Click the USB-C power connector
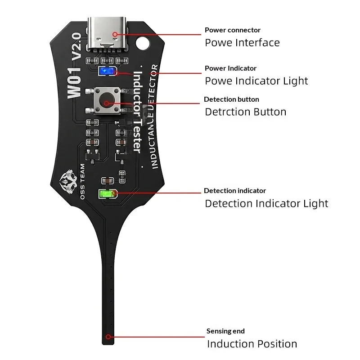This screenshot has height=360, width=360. (x=107, y=34)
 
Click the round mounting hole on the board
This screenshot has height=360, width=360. (x=143, y=43)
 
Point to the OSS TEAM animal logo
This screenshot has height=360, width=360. (x=68, y=182)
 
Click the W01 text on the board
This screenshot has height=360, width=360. (x=74, y=83)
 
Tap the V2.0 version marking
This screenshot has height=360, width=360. (x=76, y=47)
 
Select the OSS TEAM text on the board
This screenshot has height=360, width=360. (x=82, y=181)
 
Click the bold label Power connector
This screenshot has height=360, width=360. (x=233, y=30)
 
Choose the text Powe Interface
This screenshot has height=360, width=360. (x=242, y=43)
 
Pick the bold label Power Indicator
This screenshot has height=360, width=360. (x=230, y=68)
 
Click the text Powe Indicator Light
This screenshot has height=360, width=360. (x=256, y=81)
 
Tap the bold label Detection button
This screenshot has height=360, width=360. (x=231, y=99)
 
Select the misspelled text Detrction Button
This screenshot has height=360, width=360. (x=245, y=112)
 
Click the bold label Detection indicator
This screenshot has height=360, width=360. (x=235, y=191)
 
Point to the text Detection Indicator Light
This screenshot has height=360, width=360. (x=266, y=204)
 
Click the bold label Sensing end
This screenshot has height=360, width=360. (x=225, y=331)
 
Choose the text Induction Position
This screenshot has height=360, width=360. (x=252, y=344)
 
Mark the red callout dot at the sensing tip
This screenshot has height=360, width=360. (x=108, y=337)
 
